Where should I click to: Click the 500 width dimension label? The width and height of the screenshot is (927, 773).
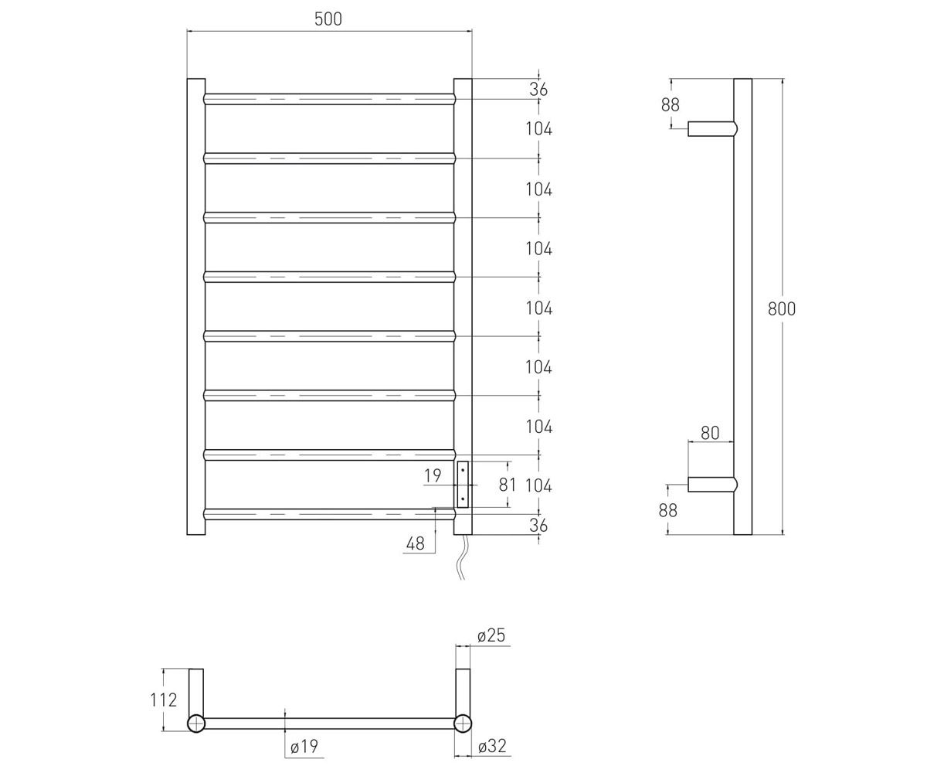click(328, 19)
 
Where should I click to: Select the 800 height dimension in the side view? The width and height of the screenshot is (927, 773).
click(782, 308)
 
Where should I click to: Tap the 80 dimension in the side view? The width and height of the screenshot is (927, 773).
click(710, 433)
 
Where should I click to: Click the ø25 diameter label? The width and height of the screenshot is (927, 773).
click(491, 635)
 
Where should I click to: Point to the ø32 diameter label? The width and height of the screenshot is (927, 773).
click(492, 747)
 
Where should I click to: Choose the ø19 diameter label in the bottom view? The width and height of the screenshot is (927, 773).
click(304, 747)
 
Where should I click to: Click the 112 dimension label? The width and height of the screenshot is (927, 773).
click(163, 700)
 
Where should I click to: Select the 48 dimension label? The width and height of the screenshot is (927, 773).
click(415, 543)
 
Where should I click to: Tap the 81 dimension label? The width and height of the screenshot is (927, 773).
click(508, 485)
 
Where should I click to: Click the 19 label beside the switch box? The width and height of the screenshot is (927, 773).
click(433, 476)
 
